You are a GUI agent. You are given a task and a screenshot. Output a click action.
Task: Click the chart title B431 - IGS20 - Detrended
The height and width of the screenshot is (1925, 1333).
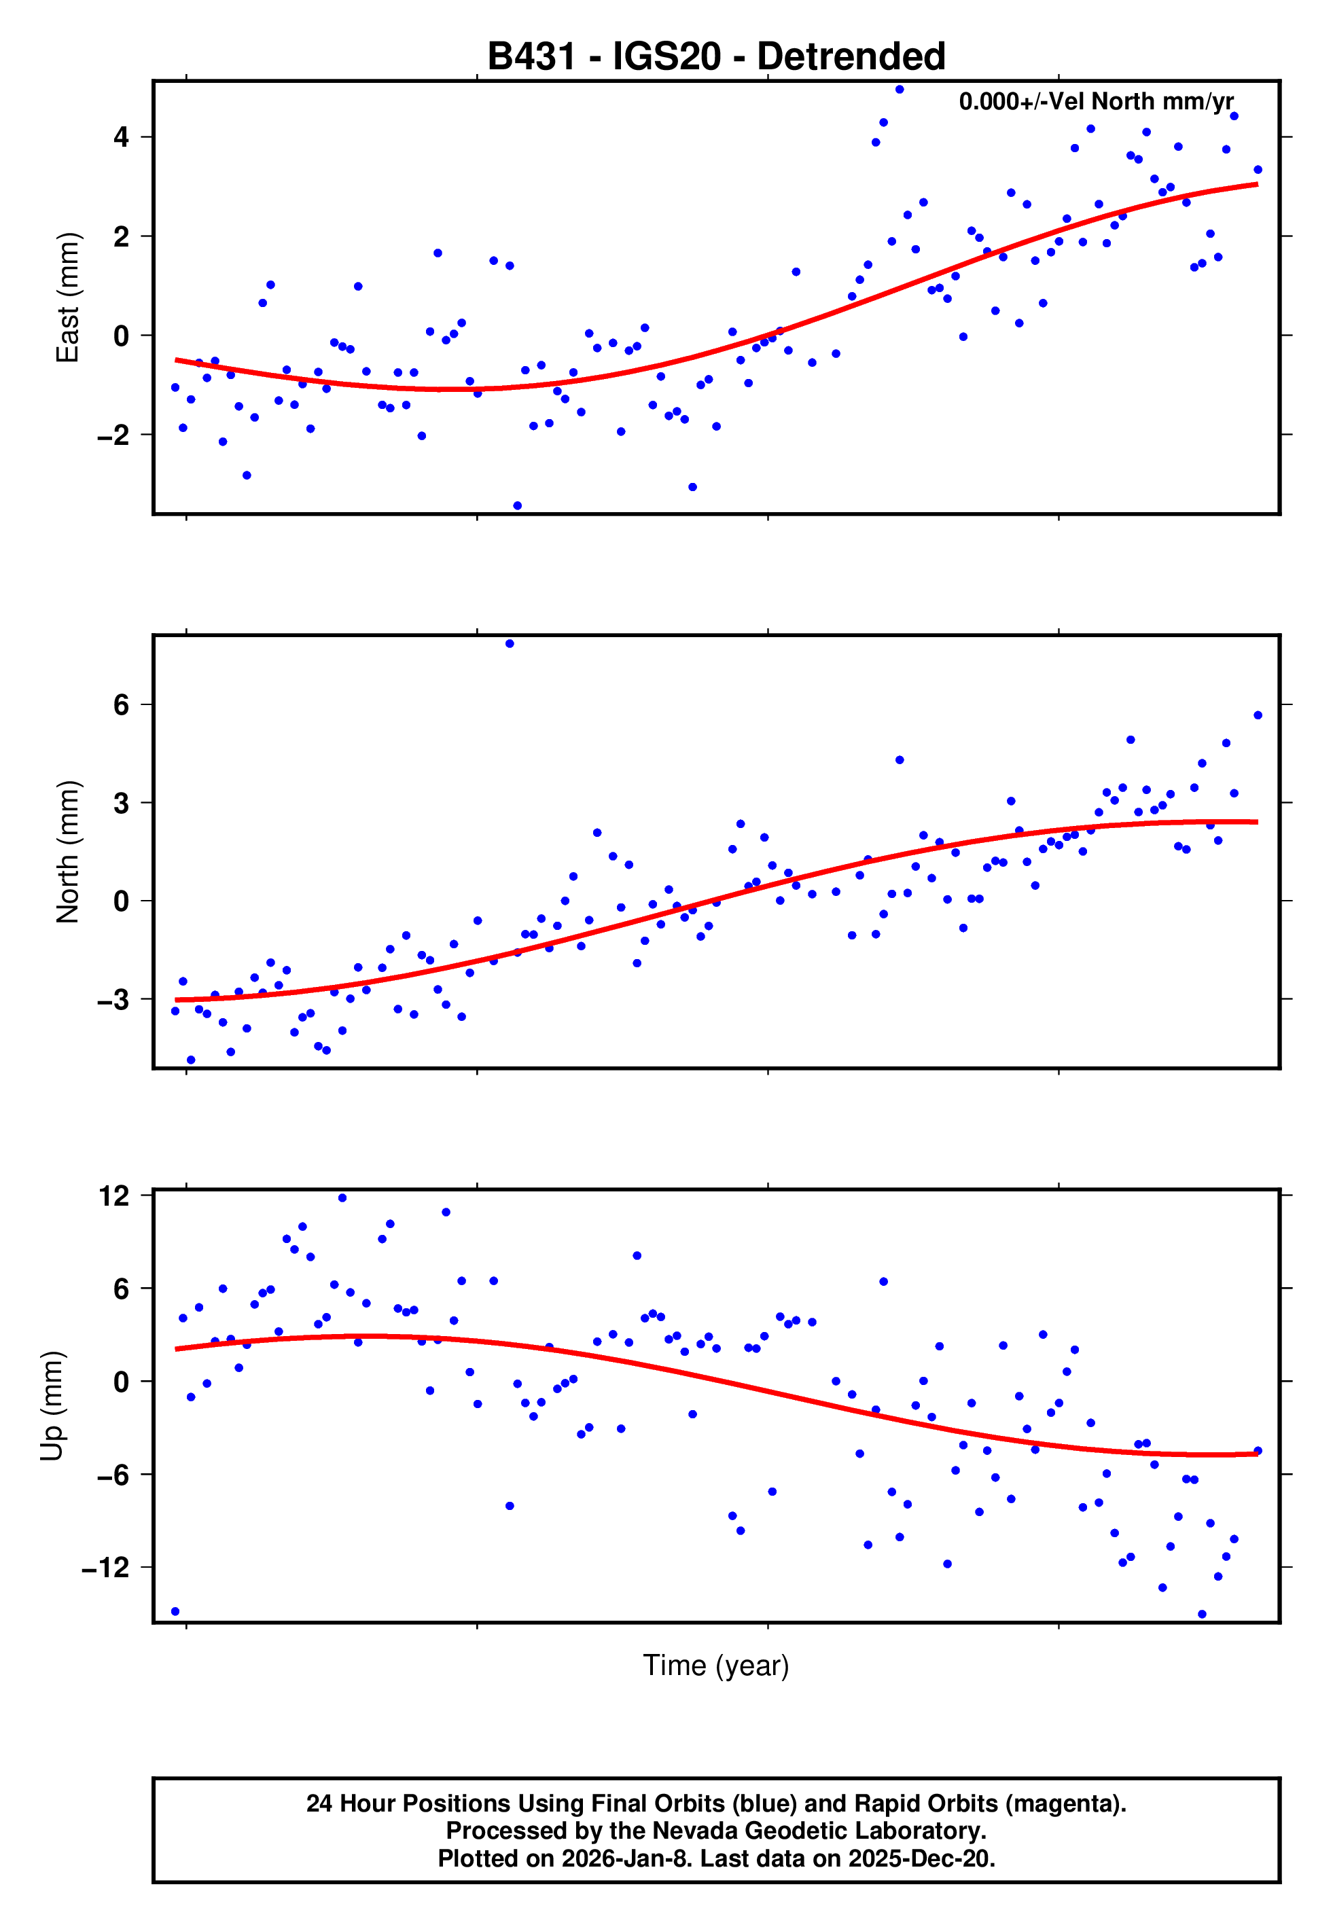pyautogui.click(x=716, y=57)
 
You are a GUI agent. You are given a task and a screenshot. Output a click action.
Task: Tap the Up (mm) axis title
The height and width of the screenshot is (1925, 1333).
pyautogui.click(x=52, y=1406)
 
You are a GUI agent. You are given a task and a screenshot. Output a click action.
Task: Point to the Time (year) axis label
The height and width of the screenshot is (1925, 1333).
pyautogui.click(x=716, y=1666)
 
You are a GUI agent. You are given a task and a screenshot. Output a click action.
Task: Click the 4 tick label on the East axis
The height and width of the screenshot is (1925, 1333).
pyautogui.click(x=121, y=137)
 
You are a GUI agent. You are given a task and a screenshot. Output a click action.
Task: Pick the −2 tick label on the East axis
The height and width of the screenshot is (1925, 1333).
pyautogui.click(x=113, y=435)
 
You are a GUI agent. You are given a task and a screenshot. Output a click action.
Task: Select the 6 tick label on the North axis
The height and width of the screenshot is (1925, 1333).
pyautogui.click(x=121, y=704)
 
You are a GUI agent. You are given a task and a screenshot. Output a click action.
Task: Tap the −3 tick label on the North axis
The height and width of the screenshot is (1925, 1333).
pyautogui.click(x=113, y=999)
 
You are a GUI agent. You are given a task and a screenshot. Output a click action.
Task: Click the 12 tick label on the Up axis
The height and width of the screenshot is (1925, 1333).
pyautogui.click(x=114, y=1195)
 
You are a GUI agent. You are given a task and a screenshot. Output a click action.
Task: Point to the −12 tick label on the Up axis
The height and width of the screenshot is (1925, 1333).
pyautogui.click(x=105, y=1568)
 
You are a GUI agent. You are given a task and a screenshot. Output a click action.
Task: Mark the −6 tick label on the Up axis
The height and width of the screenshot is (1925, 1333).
pyautogui.click(x=113, y=1475)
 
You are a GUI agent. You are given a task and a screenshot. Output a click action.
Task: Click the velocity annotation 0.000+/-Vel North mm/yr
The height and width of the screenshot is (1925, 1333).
pyautogui.click(x=1095, y=102)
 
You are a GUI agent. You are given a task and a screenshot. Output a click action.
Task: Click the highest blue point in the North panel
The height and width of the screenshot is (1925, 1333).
pyautogui.click(x=510, y=644)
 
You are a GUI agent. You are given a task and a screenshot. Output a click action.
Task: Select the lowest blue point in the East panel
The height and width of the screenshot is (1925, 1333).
pyautogui.click(x=517, y=506)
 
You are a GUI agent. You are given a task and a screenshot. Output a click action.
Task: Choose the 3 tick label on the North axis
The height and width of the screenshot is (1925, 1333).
pyautogui.click(x=121, y=803)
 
